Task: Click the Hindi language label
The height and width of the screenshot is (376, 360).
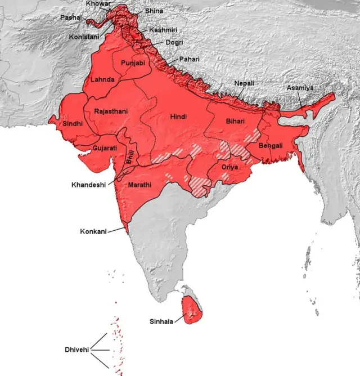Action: pos(178,117)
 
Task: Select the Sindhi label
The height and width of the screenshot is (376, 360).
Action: pos(73,123)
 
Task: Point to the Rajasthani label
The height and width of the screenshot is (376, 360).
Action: pos(111,111)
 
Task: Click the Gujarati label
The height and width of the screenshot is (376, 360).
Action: pos(105,148)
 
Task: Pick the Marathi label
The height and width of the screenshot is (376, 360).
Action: pos(139,185)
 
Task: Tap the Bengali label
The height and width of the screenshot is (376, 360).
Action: pos(270,146)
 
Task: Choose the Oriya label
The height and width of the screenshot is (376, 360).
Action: pos(229,167)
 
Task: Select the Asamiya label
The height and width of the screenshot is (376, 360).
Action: pos(300,88)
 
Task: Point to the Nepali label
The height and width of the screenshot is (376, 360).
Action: pos(244,83)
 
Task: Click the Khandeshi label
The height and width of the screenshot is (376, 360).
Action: pos(88,185)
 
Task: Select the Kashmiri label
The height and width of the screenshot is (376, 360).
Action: pos(163,29)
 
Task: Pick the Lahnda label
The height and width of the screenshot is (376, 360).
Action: pos(103,80)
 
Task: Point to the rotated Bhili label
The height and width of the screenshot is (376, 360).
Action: pos(130,156)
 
